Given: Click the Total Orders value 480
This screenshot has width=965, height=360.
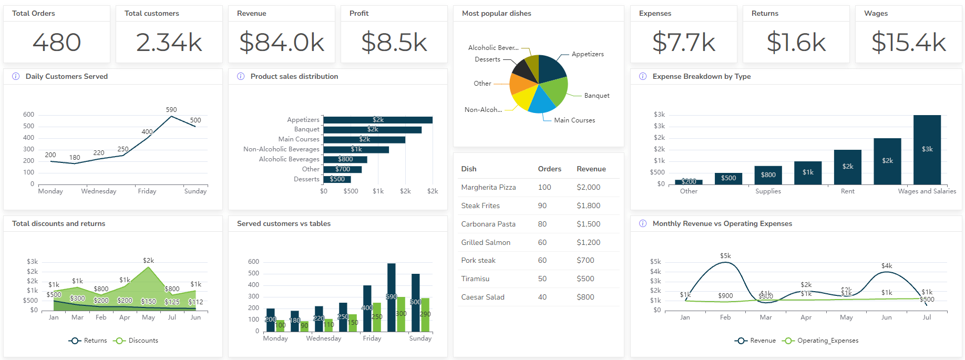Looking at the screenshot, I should click(x=57, y=43).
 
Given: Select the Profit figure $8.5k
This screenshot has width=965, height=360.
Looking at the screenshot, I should click(x=394, y=43).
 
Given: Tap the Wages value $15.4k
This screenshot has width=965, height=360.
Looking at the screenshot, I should click(x=908, y=43).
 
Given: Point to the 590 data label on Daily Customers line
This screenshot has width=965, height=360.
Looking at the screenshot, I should click(x=171, y=110).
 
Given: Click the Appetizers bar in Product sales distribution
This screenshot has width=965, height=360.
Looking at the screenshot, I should click(x=377, y=120).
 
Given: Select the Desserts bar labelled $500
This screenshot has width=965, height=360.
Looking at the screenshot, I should click(x=337, y=179).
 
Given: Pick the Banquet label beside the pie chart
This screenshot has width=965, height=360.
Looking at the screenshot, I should click(x=597, y=96).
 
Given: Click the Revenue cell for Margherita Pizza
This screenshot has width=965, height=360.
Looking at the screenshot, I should click(x=588, y=187).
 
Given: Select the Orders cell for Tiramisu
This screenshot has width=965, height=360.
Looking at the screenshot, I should click(x=542, y=279).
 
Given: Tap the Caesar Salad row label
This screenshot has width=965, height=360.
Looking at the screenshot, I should click(x=482, y=297).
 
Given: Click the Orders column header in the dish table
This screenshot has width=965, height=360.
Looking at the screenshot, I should click(x=549, y=169).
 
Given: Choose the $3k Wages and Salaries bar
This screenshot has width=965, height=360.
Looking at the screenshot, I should click(x=927, y=149).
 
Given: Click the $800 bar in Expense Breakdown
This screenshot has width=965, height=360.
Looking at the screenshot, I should click(x=768, y=175).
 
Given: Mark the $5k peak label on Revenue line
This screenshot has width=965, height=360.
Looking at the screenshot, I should click(x=725, y=256).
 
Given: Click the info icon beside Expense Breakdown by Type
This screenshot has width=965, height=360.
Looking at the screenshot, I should click(x=642, y=76).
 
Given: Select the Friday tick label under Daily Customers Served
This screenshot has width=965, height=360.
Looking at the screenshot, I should click(x=147, y=191).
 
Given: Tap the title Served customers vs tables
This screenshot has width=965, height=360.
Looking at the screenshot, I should click(x=284, y=223).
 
